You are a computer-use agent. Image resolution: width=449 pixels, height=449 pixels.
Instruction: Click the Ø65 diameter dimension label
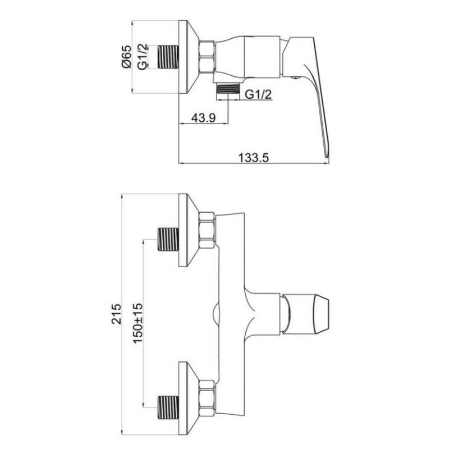(x=126, y=57)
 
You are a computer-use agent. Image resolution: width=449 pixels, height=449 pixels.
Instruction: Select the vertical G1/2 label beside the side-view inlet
(x=143, y=57)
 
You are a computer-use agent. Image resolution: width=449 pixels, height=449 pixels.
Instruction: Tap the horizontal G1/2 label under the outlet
(x=258, y=94)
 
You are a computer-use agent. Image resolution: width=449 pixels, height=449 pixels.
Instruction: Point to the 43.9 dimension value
(x=203, y=118)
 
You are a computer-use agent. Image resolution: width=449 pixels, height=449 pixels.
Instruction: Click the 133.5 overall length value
(x=254, y=158)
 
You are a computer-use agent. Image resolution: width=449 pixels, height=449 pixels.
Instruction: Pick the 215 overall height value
(x=116, y=314)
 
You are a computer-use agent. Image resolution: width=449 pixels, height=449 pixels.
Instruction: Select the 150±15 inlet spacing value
(x=138, y=323)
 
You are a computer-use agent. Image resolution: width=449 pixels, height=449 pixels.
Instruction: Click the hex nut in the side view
(x=207, y=57)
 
